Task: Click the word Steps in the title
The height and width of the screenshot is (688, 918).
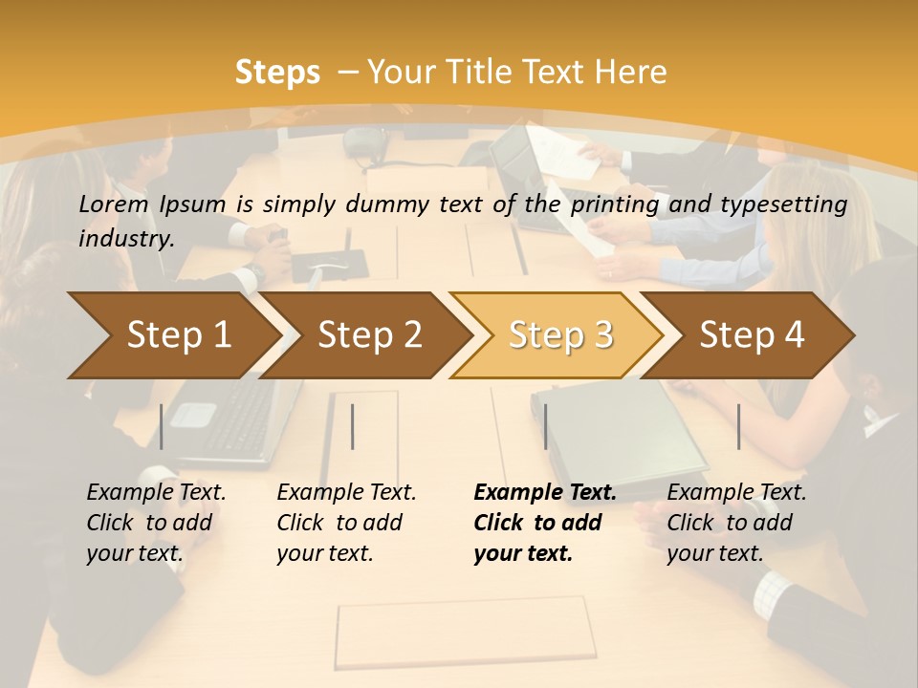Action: (x=277, y=73)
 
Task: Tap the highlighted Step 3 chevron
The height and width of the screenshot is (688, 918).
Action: (x=560, y=335)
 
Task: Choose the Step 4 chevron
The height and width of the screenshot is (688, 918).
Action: (x=752, y=335)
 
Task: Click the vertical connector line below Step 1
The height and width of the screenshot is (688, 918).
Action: (x=162, y=426)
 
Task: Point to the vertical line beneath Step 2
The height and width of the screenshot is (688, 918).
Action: (x=353, y=426)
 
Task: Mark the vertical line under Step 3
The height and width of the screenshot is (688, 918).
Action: (x=545, y=426)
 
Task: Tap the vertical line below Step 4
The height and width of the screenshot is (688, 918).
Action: (x=738, y=426)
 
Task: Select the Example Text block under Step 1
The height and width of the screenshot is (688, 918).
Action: (x=156, y=523)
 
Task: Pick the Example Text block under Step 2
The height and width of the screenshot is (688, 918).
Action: (x=346, y=523)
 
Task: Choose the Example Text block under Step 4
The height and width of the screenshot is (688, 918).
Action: (x=736, y=523)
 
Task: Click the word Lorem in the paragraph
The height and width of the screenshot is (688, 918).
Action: (x=114, y=204)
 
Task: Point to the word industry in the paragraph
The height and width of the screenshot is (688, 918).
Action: (x=126, y=238)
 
